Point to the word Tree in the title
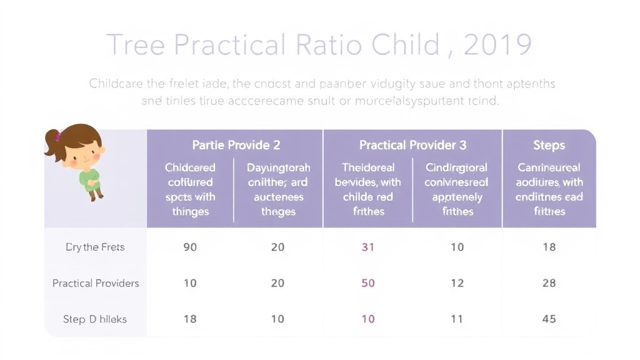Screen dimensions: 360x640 click(x=134, y=45)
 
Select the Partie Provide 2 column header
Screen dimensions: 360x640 click(x=236, y=145)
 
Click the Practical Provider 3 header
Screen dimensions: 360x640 click(x=412, y=145)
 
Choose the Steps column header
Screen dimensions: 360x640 click(x=549, y=145)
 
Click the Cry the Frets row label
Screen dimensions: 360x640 click(x=95, y=247)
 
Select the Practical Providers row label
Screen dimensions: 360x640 click(x=96, y=283)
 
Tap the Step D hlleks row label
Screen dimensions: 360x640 click(x=95, y=319)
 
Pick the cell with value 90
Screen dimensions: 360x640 click(x=190, y=247)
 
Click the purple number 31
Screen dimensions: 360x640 click(x=368, y=247)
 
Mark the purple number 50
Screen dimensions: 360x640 click(x=368, y=283)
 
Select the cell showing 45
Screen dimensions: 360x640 click(x=549, y=319)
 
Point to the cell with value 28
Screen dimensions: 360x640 click(x=549, y=283)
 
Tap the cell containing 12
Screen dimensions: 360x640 click(x=457, y=283)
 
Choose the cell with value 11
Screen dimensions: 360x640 click(x=457, y=319)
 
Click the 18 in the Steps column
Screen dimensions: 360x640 click(x=549, y=247)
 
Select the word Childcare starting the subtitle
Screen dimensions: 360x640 click(x=119, y=83)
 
